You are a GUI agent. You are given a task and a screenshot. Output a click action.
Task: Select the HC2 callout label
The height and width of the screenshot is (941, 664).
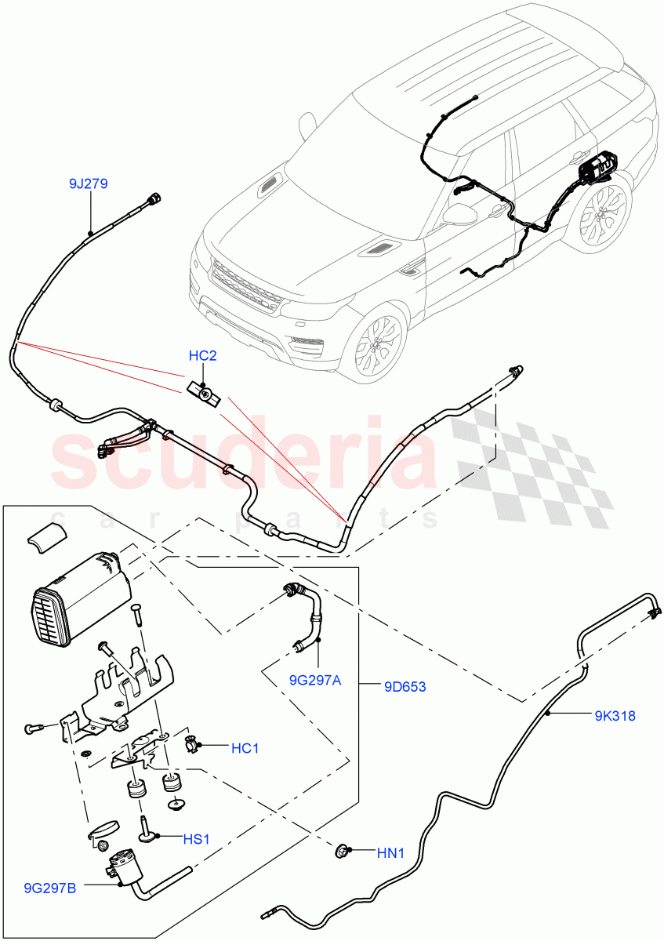202,356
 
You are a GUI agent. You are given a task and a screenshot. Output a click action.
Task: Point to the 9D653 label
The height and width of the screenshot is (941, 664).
405,687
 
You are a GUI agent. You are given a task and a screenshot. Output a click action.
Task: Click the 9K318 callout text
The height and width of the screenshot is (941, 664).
614,715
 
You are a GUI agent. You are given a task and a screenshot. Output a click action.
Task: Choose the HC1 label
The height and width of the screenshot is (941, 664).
245,749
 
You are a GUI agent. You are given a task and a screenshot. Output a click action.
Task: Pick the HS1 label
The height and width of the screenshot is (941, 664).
196,839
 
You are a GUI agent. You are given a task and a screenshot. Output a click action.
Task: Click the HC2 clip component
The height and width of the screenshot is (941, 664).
204,391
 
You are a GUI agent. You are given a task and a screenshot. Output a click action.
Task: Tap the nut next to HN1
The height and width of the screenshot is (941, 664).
342,850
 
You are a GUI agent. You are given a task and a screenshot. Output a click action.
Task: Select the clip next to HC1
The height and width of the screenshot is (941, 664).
190,743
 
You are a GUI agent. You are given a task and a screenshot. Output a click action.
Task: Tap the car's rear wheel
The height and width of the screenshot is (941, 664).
604,216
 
